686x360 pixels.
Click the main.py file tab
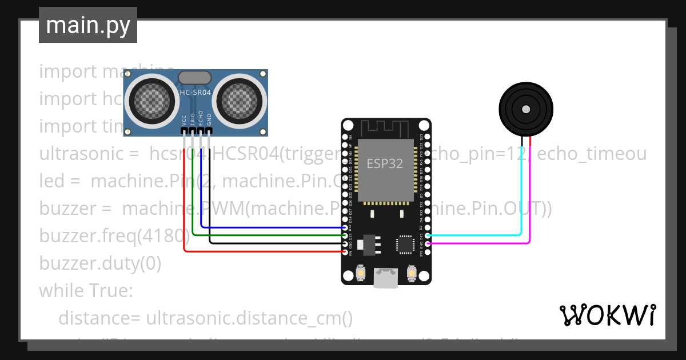click(x=87, y=25)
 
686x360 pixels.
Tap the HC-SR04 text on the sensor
click(x=196, y=91)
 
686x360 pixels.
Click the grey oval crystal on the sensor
click(x=196, y=77)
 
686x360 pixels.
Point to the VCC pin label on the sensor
click(x=184, y=120)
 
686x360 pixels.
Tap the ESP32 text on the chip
click(x=385, y=163)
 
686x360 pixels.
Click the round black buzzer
click(x=526, y=109)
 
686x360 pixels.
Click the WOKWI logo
click(x=607, y=315)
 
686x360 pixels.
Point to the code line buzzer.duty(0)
click(x=100, y=263)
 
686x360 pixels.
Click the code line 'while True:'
click(x=86, y=291)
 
